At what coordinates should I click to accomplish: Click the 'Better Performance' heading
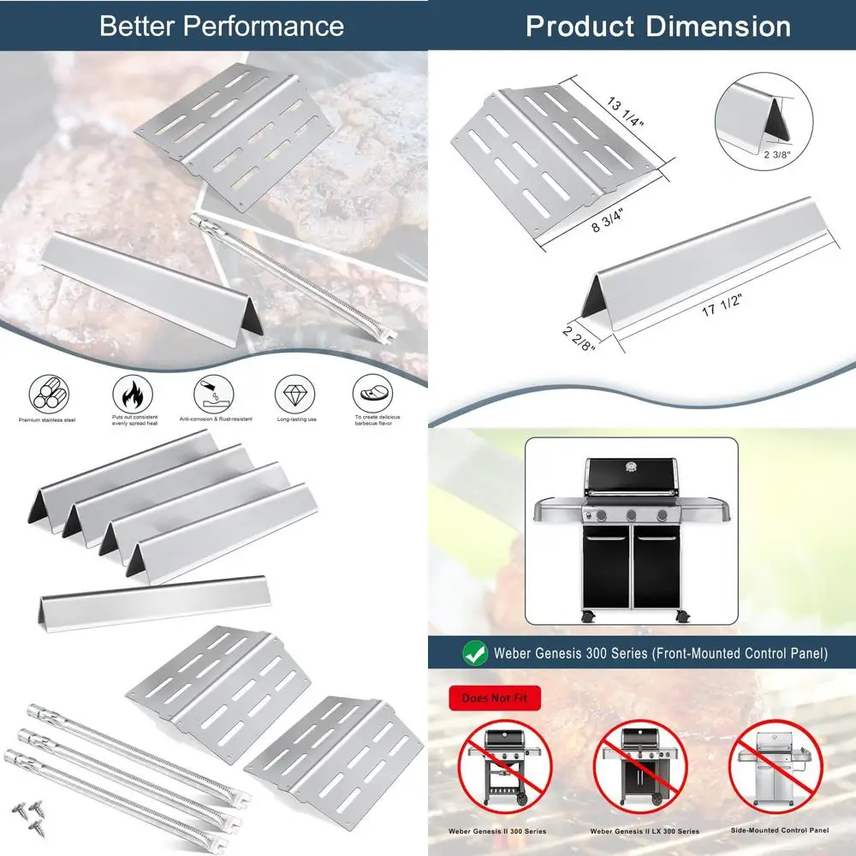(221, 26)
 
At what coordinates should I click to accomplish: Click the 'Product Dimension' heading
(657, 26)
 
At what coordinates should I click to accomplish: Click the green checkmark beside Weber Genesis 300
(475, 654)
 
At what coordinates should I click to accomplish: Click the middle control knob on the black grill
(631, 515)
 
